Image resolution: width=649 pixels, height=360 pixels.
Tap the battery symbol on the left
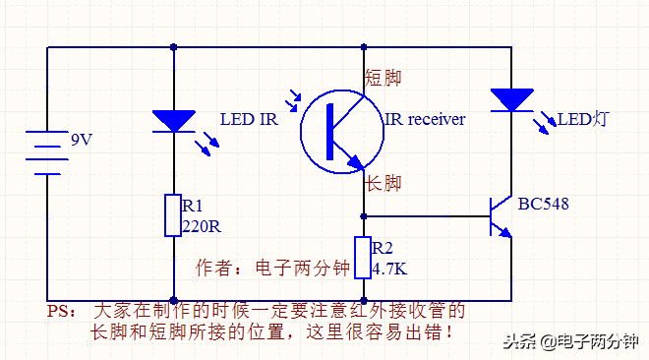(46, 151)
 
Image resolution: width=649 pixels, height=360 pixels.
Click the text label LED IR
(249, 120)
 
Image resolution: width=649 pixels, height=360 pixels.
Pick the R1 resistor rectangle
(173, 215)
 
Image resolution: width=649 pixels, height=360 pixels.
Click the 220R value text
(202, 225)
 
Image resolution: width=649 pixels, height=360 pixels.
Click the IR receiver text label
(424, 120)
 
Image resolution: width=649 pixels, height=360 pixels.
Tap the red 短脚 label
(383, 78)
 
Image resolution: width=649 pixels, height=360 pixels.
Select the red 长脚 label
(383, 183)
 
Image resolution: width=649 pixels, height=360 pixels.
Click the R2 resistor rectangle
(363, 258)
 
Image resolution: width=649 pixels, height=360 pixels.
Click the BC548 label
(543, 205)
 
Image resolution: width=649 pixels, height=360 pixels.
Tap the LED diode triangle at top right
(511, 99)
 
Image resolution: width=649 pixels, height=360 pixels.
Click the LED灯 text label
(583, 120)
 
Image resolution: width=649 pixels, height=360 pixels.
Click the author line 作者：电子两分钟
(273, 268)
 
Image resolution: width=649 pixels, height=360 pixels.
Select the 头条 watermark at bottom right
(570, 341)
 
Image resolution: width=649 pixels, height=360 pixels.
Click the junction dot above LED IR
(173, 46)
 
